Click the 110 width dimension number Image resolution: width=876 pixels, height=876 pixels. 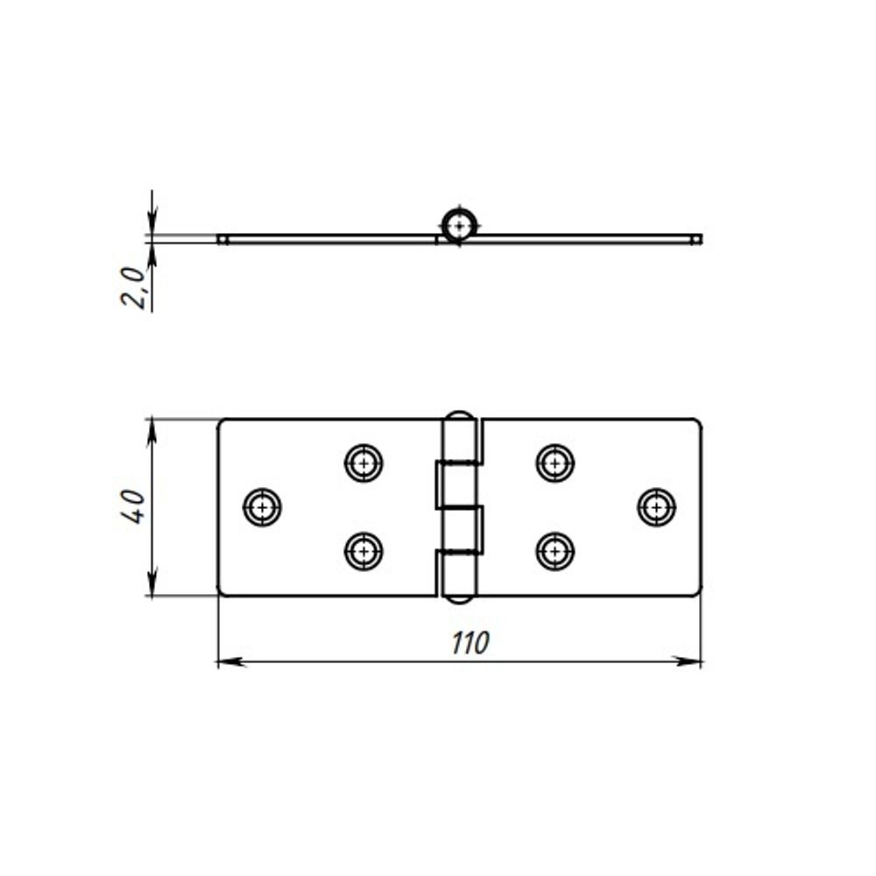470,642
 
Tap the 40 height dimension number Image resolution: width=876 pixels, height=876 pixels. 133,506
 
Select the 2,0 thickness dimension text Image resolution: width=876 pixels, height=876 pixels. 133,287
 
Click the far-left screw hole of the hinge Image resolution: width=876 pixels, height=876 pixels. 262,507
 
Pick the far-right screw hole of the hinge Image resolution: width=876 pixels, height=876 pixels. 657,507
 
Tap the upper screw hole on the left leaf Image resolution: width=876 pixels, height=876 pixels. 364,463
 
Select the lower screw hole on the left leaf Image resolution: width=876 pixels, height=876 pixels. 364,551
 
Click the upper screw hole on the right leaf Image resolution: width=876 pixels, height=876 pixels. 555,463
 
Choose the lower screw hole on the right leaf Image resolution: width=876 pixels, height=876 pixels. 555,551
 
